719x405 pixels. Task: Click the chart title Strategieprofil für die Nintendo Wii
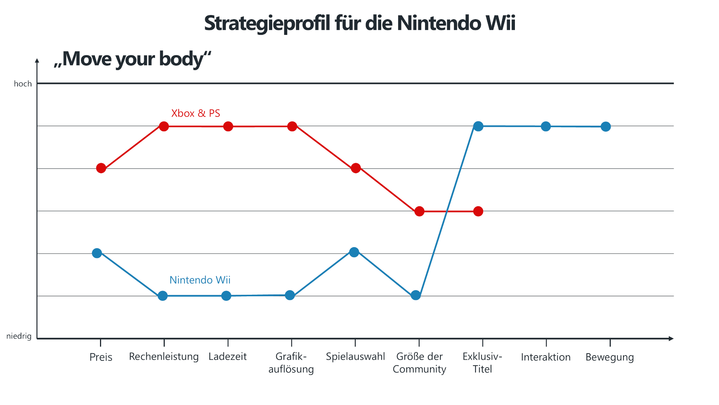coord(359,23)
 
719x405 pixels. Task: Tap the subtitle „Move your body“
coord(133,59)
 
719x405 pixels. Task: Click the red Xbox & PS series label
coord(195,113)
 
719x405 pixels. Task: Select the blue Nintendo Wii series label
coord(200,280)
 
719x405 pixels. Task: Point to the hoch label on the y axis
coord(23,84)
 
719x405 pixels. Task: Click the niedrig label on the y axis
coord(19,336)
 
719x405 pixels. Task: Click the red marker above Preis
coord(101,168)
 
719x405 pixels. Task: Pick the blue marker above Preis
coord(97,253)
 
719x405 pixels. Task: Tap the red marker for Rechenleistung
coord(164,126)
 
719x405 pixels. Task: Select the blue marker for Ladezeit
coord(226,296)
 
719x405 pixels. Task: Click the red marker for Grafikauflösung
coord(292,126)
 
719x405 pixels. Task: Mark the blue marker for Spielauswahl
coord(354,252)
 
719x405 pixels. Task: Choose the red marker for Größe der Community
coord(419,211)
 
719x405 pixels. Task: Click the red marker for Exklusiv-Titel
coord(478,211)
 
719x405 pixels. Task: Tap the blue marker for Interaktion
coord(546,126)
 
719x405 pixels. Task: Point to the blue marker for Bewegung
coord(606,127)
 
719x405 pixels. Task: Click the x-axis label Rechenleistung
coord(164,357)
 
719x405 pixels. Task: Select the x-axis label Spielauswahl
coord(355,357)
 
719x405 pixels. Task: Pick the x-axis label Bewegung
coord(610,357)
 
